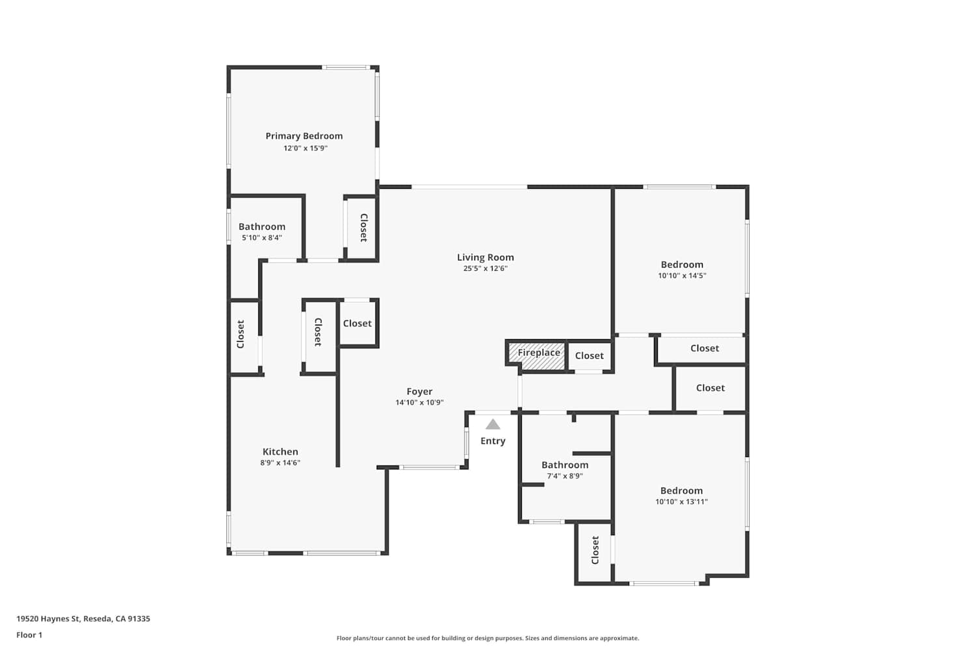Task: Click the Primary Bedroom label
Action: point(304,136)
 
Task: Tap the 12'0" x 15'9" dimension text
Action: point(305,148)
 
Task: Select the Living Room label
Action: point(485,257)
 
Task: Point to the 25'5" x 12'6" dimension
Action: point(485,268)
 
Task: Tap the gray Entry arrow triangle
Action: point(493,424)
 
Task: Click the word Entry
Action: point(493,441)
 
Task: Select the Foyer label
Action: point(420,391)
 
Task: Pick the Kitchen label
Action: point(280,452)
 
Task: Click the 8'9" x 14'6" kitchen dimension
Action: point(280,463)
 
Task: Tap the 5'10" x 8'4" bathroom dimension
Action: point(262,238)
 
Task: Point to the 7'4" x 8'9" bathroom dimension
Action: point(565,476)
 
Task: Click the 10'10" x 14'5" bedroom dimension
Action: point(682,275)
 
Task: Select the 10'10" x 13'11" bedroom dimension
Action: point(681,501)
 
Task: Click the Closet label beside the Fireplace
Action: point(589,356)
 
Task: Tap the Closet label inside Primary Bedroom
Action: point(363,228)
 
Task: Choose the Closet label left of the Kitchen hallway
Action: point(241,335)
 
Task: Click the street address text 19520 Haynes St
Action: point(48,618)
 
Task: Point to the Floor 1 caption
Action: point(29,635)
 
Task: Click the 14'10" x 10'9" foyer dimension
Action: point(419,402)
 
